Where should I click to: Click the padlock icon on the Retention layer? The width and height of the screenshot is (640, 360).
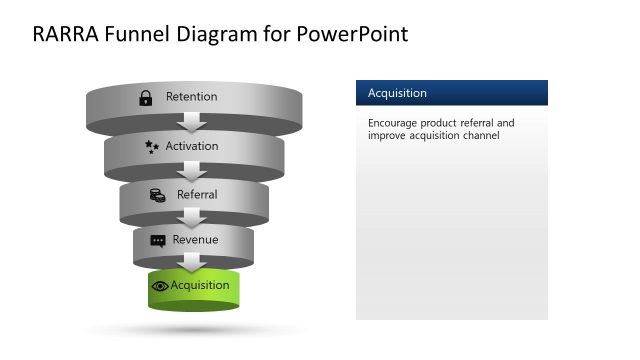click(145, 97)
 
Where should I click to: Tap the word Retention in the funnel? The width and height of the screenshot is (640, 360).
click(191, 97)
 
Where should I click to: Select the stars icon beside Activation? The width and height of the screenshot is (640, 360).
click(152, 146)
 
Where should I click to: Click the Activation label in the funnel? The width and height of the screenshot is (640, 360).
click(192, 146)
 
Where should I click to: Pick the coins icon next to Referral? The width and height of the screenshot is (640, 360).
click(157, 194)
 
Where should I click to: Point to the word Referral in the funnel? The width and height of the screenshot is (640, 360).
click(197, 194)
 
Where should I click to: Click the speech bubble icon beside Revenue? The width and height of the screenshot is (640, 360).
click(158, 241)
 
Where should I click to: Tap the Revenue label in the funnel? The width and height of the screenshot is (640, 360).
click(195, 240)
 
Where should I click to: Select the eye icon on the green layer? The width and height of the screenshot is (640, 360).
click(160, 286)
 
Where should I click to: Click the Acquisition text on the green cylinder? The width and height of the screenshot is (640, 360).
click(200, 285)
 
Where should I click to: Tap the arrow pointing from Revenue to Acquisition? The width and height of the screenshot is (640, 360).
click(194, 262)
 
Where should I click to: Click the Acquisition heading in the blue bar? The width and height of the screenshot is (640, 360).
click(397, 93)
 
